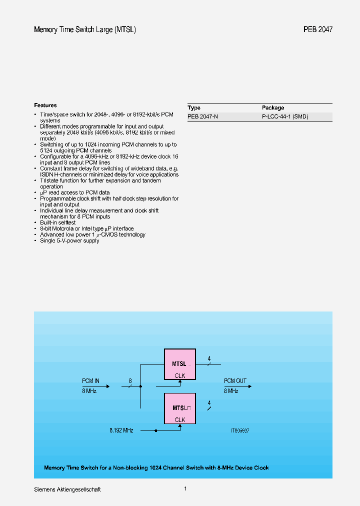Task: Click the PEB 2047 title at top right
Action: (x=317, y=29)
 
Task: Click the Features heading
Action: (x=45, y=105)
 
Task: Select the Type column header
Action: (x=194, y=107)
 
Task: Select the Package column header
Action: (x=273, y=107)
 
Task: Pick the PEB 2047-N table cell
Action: (x=202, y=116)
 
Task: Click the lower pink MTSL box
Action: (x=180, y=408)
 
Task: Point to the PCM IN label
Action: (x=91, y=381)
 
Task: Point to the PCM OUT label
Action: (x=235, y=381)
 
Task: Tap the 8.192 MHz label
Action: (x=121, y=430)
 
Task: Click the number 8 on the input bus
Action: (x=130, y=381)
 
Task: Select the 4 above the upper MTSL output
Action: (x=209, y=358)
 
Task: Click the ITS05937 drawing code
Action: (x=239, y=430)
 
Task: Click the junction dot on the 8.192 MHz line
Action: (x=156, y=430)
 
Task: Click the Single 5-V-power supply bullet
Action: (x=69, y=240)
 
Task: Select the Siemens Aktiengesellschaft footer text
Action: (x=67, y=489)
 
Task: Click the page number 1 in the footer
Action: (x=185, y=488)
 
